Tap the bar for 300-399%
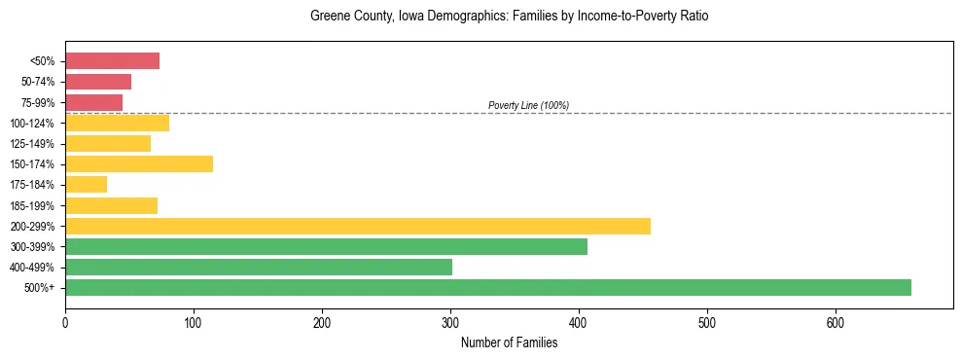tap(326, 247)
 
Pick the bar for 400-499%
tap(259, 267)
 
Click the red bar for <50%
tap(112, 61)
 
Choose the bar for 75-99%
tap(93, 102)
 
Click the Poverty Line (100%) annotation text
tap(528, 105)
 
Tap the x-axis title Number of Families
tap(509, 342)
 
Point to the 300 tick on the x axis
tap(450, 322)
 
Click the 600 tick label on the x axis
tap(836, 322)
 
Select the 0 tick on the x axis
tap(65, 322)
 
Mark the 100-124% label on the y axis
tap(32, 124)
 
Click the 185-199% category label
tap(32, 206)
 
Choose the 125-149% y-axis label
tap(32, 144)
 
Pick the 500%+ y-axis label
tap(39, 288)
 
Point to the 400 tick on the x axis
tap(579, 322)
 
